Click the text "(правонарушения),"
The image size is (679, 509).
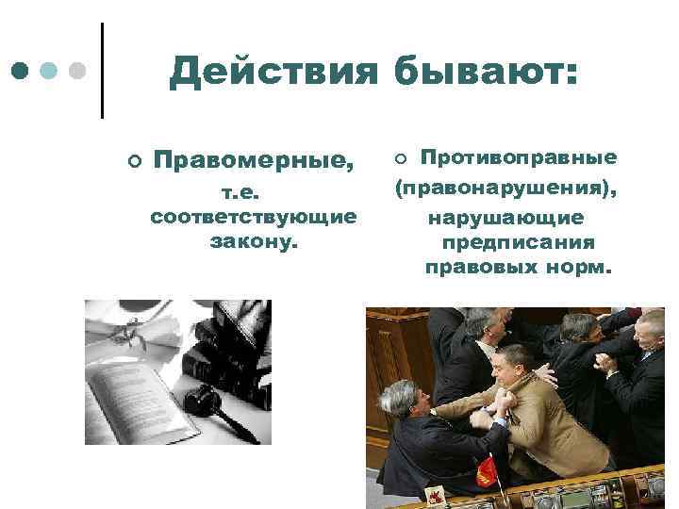coord(506,189)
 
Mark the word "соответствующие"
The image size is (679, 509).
coord(253,218)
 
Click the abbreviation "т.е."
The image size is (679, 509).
coord(246,194)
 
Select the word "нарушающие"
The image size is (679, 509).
coord(506,218)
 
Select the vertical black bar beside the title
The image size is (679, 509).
coord(101,70)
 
